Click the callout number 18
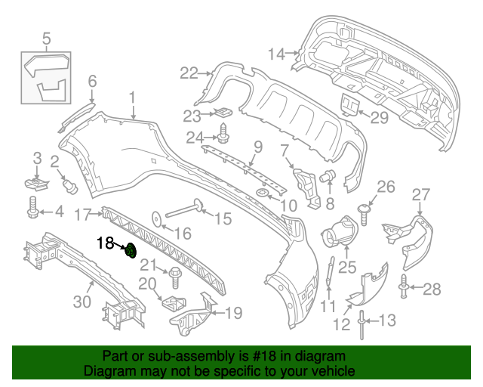(104, 243)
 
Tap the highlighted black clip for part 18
(131, 250)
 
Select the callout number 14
(276, 53)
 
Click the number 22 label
(188, 73)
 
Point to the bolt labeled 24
(223, 138)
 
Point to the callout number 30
(82, 302)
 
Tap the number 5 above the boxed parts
(46, 37)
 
